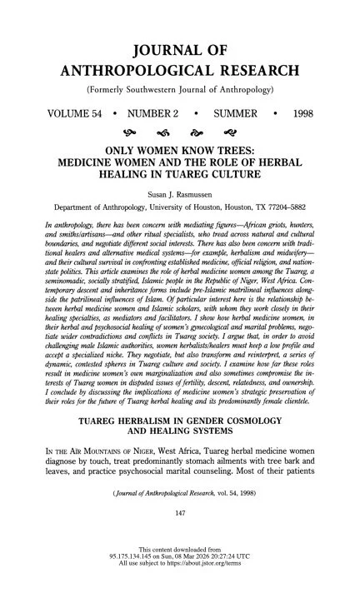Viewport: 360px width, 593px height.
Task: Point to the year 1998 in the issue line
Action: tap(327, 111)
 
